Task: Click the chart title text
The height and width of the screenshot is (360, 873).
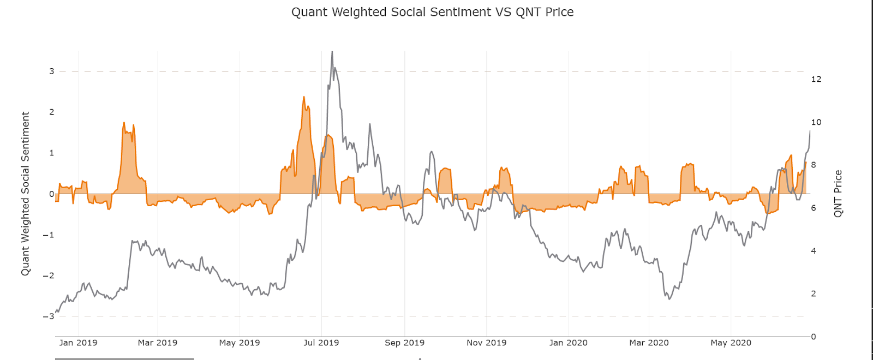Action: tap(432, 12)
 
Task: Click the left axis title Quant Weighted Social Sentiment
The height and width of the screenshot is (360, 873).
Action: tap(25, 194)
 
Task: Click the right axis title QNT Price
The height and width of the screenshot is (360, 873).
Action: tap(838, 194)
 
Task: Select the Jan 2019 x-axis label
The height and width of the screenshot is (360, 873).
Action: tap(78, 343)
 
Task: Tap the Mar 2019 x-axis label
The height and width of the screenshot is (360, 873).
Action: tap(157, 343)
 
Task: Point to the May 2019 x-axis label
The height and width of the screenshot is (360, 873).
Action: tap(239, 343)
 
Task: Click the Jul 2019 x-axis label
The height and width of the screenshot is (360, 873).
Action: tap(321, 343)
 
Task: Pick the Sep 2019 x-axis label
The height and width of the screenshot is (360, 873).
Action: tap(404, 343)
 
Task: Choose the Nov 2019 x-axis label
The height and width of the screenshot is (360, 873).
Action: tap(486, 343)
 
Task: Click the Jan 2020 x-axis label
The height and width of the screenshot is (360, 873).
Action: tap(568, 343)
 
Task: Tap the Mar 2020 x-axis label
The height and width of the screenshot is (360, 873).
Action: tap(649, 343)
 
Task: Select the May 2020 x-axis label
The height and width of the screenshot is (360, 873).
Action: tap(731, 343)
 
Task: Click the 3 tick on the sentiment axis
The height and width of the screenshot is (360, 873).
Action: tap(52, 71)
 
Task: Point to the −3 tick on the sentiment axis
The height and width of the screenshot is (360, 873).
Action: tap(49, 316)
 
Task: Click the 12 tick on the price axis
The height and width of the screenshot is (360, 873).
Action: tap(816, 79)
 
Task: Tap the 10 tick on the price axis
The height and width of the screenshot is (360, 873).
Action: tap(816, 122)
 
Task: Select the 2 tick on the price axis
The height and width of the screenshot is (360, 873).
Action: tap(814, 293)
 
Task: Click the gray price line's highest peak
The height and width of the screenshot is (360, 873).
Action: tap(332, 52)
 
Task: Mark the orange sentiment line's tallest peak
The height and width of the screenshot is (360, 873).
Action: tap(304, 97)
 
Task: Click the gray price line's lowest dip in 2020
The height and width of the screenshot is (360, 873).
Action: tap(669, 299)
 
